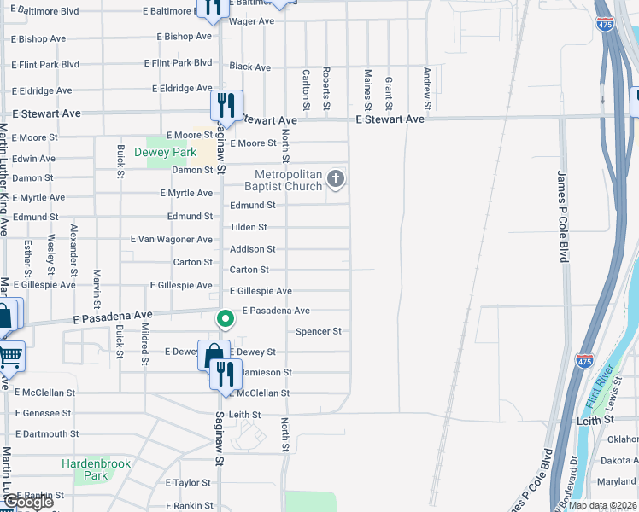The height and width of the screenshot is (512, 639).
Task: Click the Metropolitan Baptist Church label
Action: coord(283,180)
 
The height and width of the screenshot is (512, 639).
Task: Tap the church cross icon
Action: coord(336,179)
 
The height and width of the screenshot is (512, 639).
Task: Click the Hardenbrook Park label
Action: coord(85,469)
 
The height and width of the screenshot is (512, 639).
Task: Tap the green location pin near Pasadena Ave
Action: coord(225,319)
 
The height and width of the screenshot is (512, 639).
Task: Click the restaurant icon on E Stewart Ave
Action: coord(226,105)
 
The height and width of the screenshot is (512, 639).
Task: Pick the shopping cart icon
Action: coord(9,355)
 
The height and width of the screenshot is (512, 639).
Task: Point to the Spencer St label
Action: coord(319,331)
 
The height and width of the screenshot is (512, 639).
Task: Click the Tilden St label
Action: coord(249,227)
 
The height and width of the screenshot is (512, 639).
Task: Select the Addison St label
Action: coord(253,249)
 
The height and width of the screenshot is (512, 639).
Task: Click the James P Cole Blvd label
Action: coord(562,212)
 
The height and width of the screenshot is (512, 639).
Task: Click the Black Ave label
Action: coord(250,67)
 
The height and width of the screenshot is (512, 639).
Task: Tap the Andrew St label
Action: coord(425,82)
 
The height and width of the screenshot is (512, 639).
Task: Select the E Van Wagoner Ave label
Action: coord(172,240)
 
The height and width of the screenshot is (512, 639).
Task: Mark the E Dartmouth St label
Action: coord(47,433)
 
